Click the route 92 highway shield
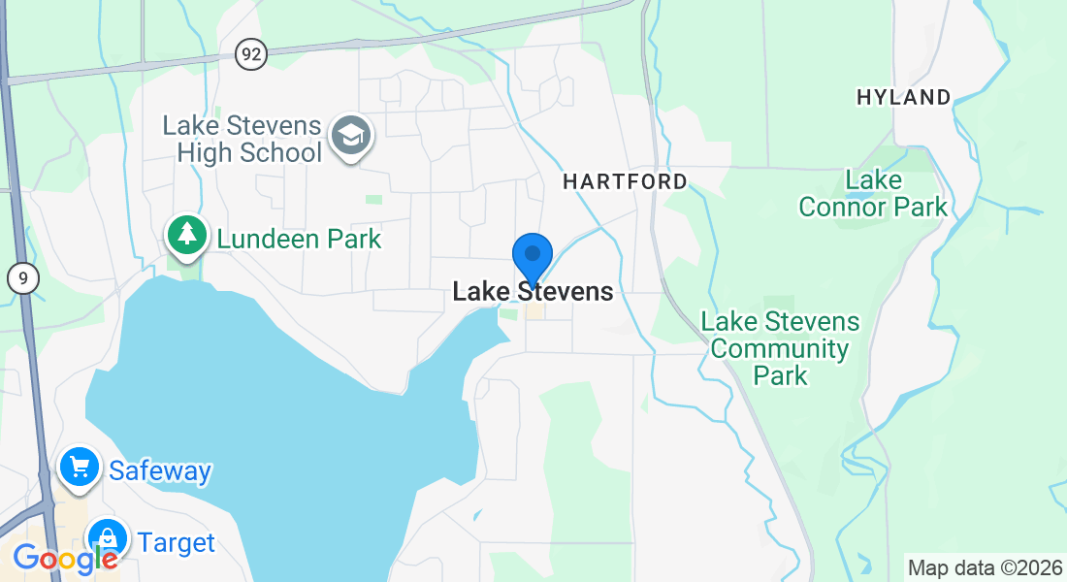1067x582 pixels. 251,54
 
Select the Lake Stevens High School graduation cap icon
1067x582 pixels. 350,137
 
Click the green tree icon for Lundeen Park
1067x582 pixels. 186,236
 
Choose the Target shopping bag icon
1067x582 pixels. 108,540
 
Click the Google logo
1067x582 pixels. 65,559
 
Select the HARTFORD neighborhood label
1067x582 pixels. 625,181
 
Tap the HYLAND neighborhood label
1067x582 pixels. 903,97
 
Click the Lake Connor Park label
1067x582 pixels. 873,193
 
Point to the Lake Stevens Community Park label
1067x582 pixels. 780,348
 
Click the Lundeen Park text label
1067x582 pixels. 299,239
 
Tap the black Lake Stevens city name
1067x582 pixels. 533,291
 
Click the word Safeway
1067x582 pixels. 159,471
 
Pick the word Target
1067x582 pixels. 176,542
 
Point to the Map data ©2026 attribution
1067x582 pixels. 983,567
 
